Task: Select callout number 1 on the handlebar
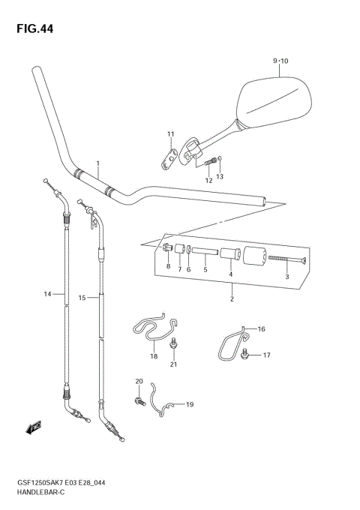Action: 97,163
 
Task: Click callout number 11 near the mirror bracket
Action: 170,134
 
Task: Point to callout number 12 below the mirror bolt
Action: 209,181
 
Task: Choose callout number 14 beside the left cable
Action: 46,295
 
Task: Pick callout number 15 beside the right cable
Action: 83,298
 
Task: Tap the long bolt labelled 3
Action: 286,259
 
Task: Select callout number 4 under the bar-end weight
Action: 231,275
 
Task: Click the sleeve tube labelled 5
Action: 205,253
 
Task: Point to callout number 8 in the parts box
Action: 169,266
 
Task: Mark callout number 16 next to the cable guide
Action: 262,329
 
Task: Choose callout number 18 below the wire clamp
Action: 154,357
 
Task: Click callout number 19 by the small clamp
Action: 190,405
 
